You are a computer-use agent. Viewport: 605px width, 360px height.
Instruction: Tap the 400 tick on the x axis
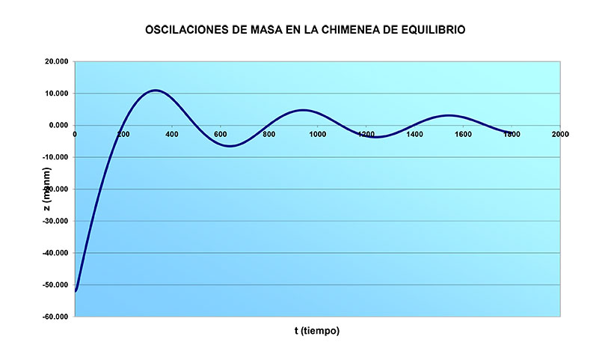pos(172,135)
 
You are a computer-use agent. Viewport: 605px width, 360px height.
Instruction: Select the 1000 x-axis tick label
pos(317,135)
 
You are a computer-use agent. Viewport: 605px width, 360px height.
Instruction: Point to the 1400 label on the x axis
pos(414,135)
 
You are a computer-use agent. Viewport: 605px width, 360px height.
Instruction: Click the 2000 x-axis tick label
pos(560,135)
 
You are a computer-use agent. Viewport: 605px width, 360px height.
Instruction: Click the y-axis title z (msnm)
pos(47,189)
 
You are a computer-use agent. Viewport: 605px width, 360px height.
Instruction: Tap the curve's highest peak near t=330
pos(155,91)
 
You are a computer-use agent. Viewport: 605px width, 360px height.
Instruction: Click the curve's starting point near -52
pos(76,290)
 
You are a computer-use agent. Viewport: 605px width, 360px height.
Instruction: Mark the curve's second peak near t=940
pos(303,110)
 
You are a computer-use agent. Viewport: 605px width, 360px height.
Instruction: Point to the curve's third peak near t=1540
pos(448,115)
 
